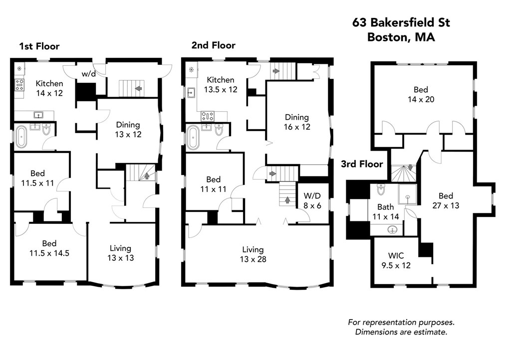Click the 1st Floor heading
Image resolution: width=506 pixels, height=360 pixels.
(x=39, y=46)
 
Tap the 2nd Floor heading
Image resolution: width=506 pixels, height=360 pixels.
(x=213, y=45)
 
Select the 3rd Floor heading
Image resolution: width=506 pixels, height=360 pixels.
(x=362, y=164)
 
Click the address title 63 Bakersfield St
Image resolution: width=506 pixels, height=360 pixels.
(x=401, y=22)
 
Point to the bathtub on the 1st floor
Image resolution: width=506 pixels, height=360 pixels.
(x=21, y=137)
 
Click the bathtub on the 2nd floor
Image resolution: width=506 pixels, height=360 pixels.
(x=194, y=138)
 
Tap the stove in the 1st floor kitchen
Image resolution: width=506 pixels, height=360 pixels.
(x=19, y=85)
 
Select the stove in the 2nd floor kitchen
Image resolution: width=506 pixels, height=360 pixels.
(x=208, y=116)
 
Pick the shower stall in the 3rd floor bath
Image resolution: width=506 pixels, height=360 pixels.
(x=408, y=194)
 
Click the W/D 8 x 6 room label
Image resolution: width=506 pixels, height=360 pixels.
(x=312, y=200)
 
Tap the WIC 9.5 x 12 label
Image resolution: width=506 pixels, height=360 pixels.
(x=396, y=260)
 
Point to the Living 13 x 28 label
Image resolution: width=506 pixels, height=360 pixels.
(x=253, y=254)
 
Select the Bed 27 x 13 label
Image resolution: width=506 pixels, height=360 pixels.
(x=446, y=200)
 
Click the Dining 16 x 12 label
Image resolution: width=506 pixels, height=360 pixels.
(x=297, y=122)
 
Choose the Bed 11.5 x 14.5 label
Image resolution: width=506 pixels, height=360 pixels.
(x=49, y=248)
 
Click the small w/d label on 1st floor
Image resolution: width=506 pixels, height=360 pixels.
(x=88, y=74)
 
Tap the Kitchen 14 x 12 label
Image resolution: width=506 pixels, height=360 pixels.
(x=49, y=88)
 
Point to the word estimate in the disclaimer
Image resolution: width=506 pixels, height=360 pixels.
(x=433, y=332)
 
